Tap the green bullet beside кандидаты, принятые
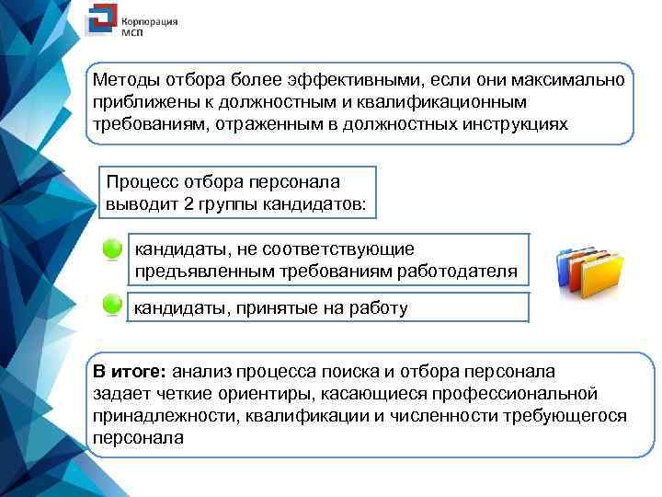tap(112, 306)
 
